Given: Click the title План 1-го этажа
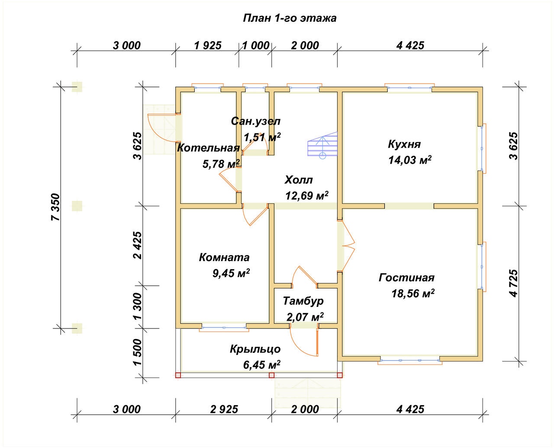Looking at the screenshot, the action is (290, 18).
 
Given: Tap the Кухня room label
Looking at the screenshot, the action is (404, 144).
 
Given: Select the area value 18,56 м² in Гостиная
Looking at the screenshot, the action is (413, 293).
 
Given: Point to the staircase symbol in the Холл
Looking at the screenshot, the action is (322, 145).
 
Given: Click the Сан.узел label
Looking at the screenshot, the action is (256, 122).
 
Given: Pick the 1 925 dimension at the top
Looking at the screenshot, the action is (208, 45).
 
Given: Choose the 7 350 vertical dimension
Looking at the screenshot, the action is (56, 207).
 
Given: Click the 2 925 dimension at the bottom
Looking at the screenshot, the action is (224, 409).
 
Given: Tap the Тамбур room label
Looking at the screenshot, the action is (303, 301).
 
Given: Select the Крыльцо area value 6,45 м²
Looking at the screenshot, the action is (262, 365).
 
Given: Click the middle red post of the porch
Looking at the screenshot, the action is (271, 375).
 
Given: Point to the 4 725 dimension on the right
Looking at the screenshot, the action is (514, 284).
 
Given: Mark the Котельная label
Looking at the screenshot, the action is (208, 148).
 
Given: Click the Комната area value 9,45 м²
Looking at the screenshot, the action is (231, 273).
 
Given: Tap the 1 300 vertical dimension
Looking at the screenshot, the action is (138, 306).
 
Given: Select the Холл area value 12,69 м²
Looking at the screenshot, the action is (307, 196).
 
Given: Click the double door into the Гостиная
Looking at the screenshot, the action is (346, 246).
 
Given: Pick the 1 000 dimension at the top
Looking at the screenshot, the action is (256, 45).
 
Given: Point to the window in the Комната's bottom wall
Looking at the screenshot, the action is (224, 328).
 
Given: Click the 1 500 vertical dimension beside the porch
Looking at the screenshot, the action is (138, 352).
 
